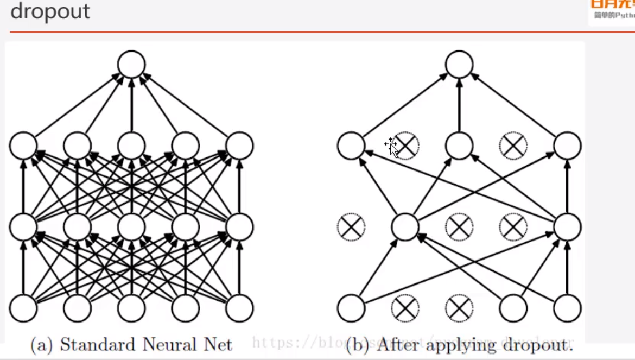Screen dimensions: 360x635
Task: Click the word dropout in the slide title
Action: [50, 11]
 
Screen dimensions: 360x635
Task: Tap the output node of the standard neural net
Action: [131, 64]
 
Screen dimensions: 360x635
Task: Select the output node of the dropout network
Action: [459, 64]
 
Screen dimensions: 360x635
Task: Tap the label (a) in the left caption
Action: [42, 345]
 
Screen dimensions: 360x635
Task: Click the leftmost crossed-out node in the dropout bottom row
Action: [405, 308]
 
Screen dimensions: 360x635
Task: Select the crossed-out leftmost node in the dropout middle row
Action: [351, 227]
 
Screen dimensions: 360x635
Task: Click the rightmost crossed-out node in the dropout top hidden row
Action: [513, 146]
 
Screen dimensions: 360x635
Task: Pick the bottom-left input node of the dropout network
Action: [351, 308]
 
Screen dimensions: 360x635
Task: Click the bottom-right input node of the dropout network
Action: [567, 308]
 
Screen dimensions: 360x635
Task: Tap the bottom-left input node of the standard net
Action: [23, 308]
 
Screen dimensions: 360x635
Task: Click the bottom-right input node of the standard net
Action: [239, 308]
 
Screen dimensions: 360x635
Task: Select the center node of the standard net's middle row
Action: [131, 227]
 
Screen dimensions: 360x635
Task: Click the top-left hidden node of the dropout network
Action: [351, 146]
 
